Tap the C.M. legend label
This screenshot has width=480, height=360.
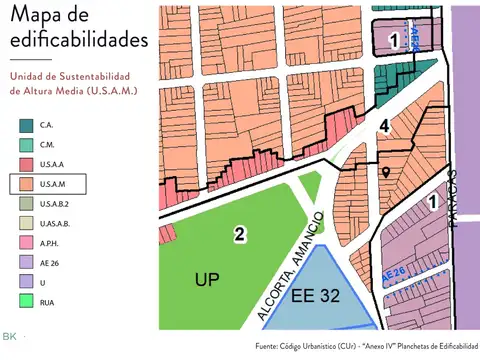coord(48,146)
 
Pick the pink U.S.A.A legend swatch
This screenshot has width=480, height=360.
coord(25,165)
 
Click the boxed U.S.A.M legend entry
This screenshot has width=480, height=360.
coord(48,184)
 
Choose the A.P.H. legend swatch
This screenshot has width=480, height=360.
coord(25,242)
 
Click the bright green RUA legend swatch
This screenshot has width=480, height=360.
coord(25,301)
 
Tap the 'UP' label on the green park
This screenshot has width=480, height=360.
coord(207,279)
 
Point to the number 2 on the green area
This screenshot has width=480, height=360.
coord(240,235)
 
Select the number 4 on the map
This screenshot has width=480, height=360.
coord(384,126)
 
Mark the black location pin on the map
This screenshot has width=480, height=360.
coord(386,172)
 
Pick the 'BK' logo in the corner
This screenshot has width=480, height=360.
coord(10,336)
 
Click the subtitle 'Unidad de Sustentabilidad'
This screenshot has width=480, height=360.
coord(72,76)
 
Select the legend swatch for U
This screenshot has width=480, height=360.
coord(25,282)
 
